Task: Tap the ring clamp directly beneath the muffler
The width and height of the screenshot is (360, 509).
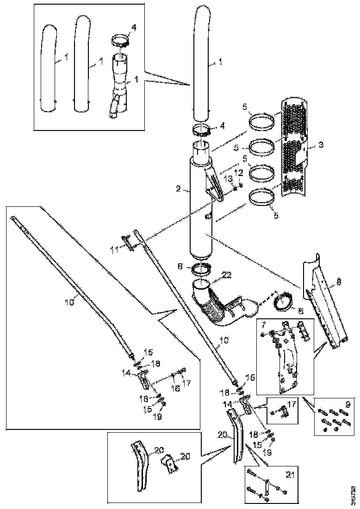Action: point(202,267)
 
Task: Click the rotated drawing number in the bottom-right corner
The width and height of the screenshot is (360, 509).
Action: point(353,494)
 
